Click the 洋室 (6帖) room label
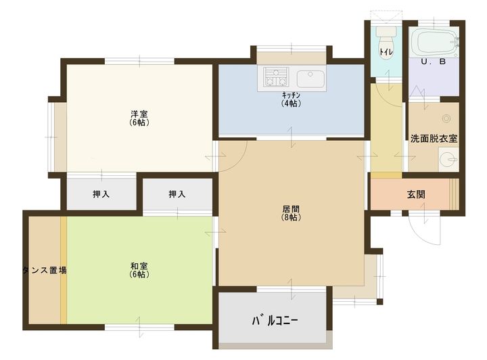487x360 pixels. tap(139, 118)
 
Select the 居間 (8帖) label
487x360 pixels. tap(292, 213)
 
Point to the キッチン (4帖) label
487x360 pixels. tap(292, 99)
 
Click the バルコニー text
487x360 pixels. tap(275, 319)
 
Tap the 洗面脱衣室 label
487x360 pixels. tap(434, 139)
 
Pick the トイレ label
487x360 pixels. tap(386, 53)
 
